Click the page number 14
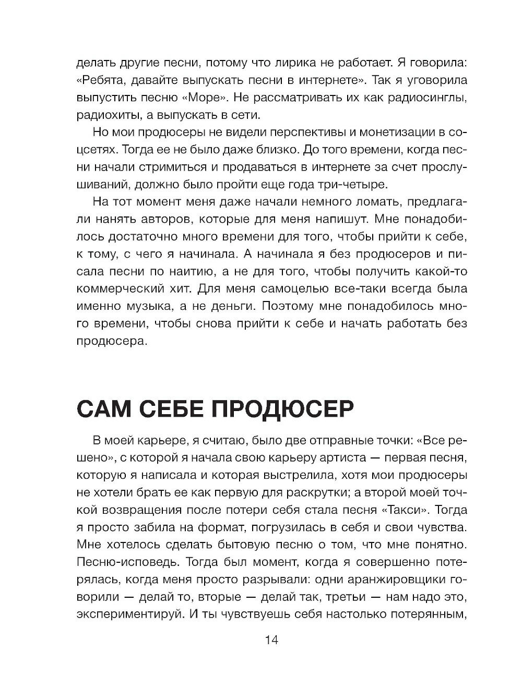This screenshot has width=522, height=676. (271, 641)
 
